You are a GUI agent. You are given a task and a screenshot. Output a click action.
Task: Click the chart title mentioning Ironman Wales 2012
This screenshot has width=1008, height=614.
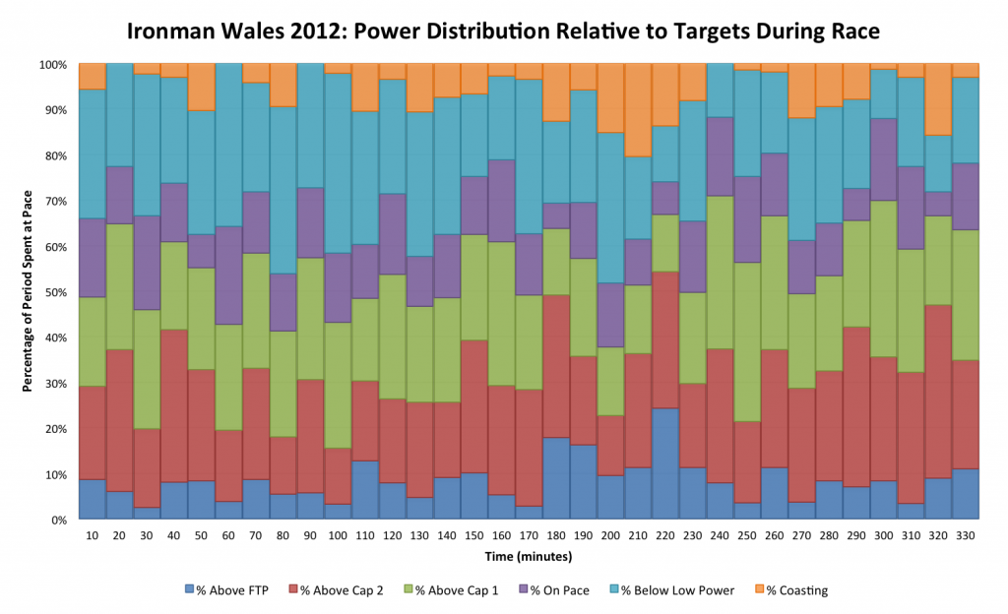(x=503, y=31)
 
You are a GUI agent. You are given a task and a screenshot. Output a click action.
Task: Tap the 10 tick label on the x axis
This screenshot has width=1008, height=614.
(x=92, y=535)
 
